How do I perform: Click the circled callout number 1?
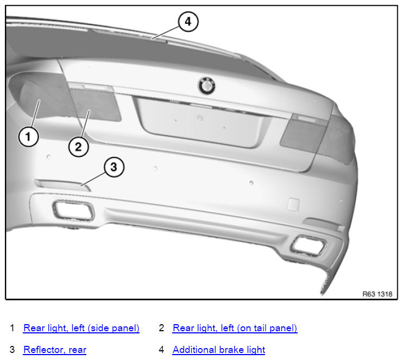coord(29,136)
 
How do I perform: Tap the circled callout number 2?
coord(78,147)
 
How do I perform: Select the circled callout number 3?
coord(114,167)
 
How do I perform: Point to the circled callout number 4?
coord(188,22)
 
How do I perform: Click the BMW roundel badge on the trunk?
coord(206,86)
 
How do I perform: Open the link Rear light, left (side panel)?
coord(81,328)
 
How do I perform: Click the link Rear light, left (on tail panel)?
coord(235,328)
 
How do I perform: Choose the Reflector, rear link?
coord(55,350)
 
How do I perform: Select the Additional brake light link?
coord(219,350)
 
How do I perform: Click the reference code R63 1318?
coord(377,294)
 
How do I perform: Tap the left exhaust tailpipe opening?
coord(73,211)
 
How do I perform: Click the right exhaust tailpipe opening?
coord(308,245)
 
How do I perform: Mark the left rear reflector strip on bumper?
coord(62,185)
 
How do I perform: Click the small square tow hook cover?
coord(293,205)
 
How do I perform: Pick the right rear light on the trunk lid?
coord(303,133)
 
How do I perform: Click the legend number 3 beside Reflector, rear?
coord(12,350)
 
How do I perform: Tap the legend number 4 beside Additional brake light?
coord(161,350)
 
